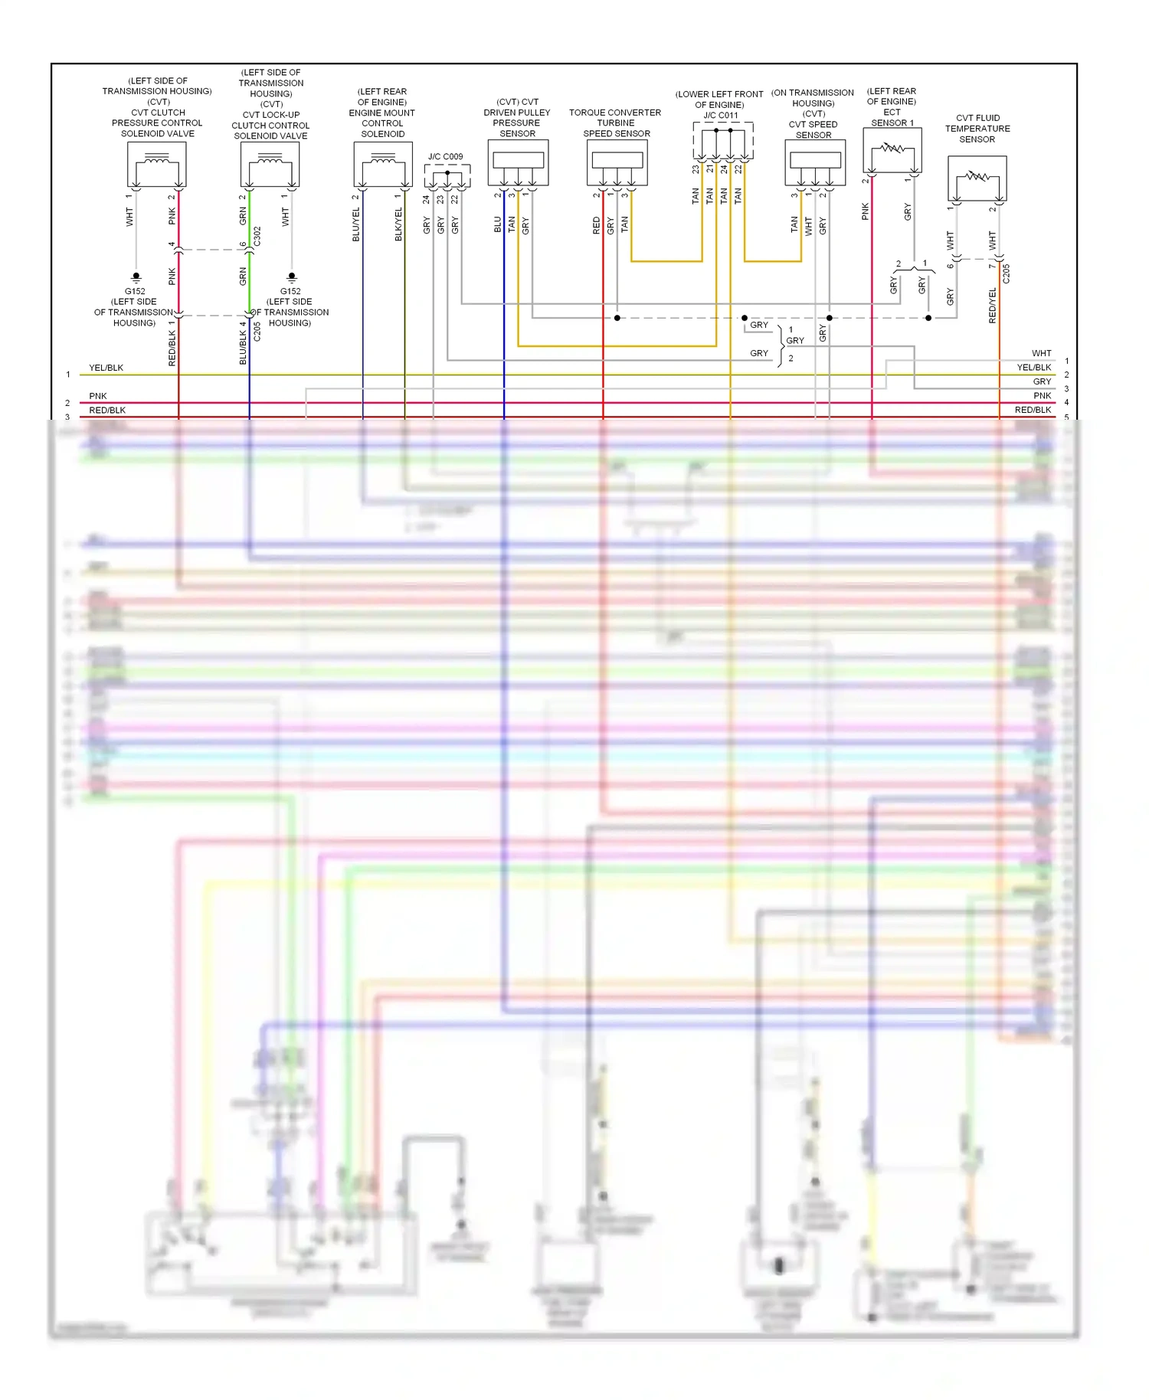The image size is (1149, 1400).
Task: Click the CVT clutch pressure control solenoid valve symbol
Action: coord(156,165)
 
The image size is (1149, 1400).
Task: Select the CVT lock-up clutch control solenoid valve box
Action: coord(270,165)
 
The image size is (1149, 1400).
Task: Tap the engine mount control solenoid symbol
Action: coord(383,165)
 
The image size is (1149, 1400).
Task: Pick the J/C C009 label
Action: coord(446,157)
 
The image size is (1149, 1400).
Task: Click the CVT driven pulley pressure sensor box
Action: coord(518,162)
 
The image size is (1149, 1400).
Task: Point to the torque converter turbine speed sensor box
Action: coord(617,162)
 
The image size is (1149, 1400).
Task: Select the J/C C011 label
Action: coord(721,116)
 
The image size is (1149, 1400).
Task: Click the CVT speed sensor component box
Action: coord(815,162)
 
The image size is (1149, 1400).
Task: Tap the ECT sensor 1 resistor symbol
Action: coord(892,150)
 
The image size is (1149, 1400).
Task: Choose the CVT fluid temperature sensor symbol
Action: coord(977,178)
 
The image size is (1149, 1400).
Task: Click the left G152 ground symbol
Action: coord(136,276)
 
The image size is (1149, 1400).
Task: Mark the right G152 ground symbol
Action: coord(291,276)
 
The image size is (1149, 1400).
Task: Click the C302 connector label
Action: coord(257,236)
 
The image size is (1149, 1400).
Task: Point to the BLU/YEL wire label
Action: coord(355,224)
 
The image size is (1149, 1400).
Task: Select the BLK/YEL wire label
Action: coord(398,224)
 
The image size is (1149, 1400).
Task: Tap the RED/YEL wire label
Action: coord(993,305)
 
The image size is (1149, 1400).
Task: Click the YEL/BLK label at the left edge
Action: coord(106,368)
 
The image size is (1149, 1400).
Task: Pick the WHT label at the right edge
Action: coord(1041,353)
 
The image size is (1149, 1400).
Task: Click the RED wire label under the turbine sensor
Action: coord(596,225)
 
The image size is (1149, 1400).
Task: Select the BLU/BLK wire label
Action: coord(243,342)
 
